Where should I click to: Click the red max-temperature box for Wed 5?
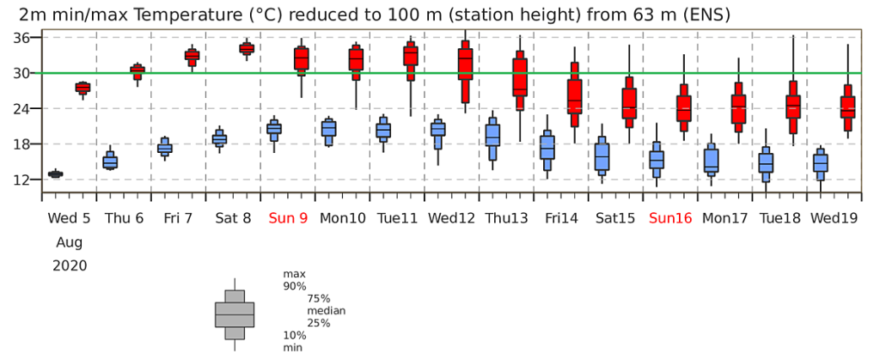[83, 88]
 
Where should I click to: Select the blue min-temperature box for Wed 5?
[56, 174]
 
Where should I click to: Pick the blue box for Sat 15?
[602, 156]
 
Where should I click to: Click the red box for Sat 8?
[247, 49]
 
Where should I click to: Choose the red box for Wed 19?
[847, 107]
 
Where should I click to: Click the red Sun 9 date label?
[288, 217]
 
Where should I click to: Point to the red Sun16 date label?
[670, 217]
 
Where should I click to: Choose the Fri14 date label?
[561, 217]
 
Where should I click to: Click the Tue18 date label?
[779, 217]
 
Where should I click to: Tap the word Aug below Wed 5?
[70, 243]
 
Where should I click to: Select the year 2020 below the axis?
[70, 265]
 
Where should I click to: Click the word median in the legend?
[326, 310]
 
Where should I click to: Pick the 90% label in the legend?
[296, 287]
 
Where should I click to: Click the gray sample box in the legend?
[235, 314]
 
